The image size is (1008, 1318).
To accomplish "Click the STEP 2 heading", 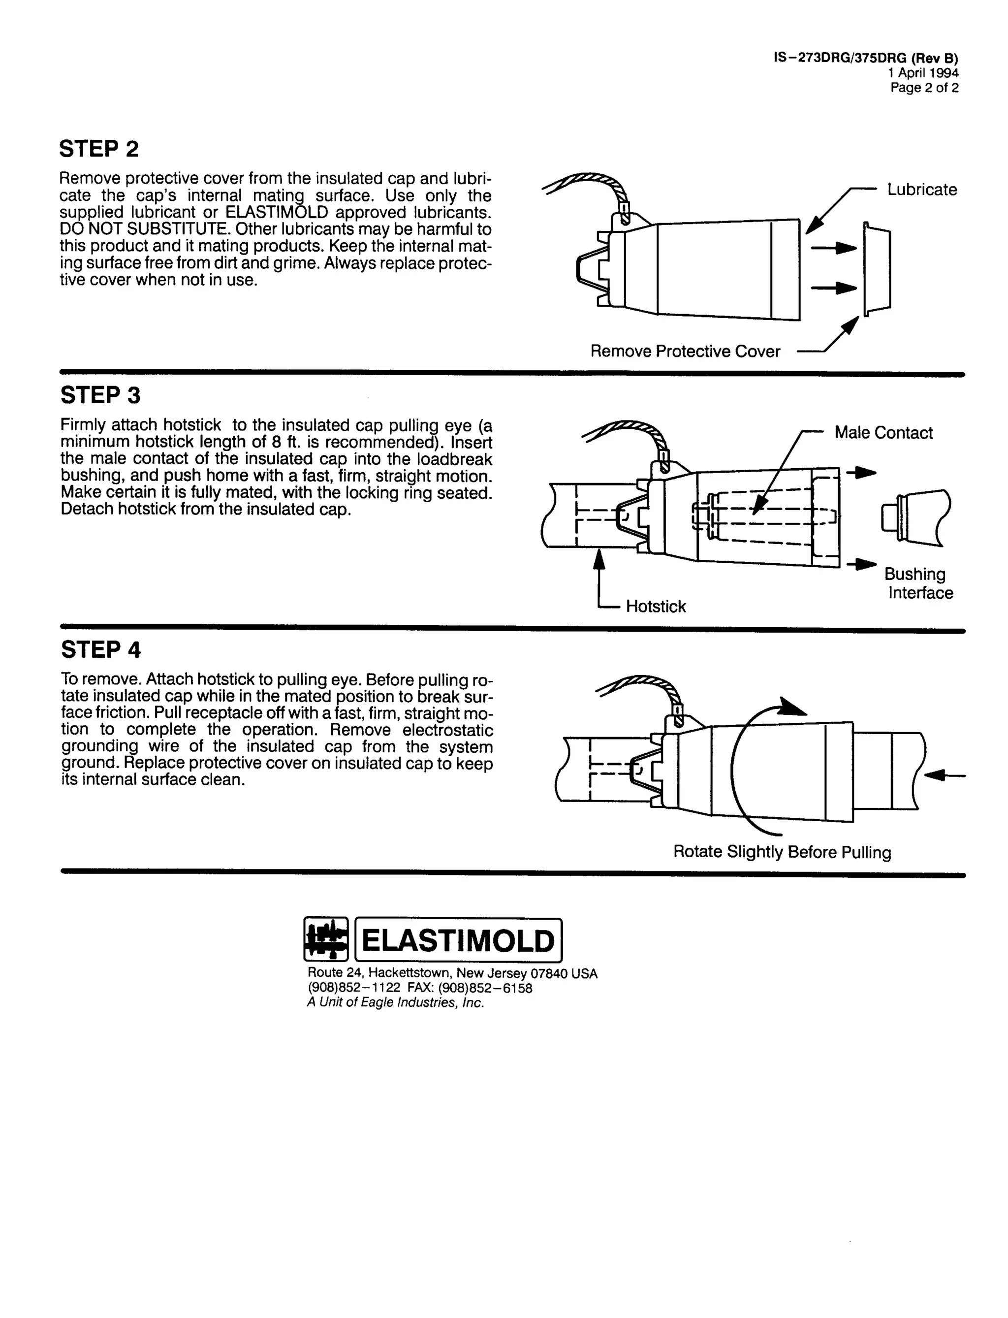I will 99,149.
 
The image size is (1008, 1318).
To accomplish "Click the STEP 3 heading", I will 100,395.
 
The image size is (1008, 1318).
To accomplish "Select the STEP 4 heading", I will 101,650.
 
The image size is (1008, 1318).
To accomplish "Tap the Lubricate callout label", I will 921,190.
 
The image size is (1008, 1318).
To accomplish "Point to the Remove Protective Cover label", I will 685,352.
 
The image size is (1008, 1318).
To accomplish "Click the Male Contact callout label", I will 883,433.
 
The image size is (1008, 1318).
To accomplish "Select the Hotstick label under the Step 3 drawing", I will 655,607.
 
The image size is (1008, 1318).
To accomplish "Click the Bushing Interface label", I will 918,583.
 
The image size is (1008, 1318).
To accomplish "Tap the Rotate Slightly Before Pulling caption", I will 782,852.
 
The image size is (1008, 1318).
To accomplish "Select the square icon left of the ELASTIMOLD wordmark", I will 326,939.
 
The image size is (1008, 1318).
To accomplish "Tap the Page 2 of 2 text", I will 924,88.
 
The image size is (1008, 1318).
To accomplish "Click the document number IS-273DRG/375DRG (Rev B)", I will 866,58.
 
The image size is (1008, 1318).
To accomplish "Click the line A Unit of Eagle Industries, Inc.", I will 395,1003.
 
